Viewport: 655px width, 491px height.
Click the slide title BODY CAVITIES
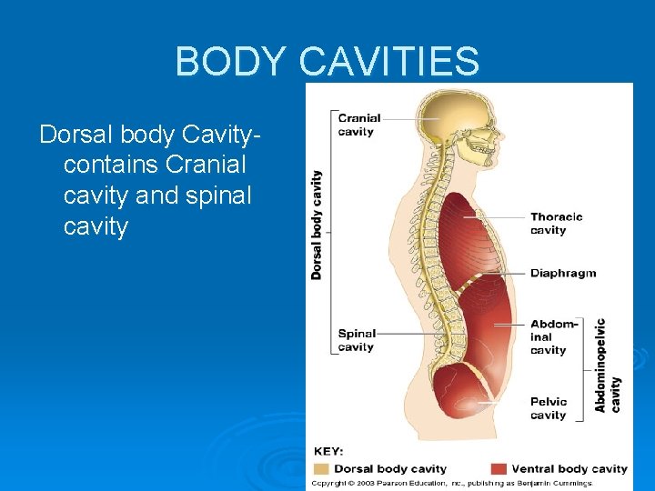[x=327, y=62]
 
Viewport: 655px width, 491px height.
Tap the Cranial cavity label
[x=358, y=125]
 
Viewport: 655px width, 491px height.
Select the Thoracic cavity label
[x=556, y=224]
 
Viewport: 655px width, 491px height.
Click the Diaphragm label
[x=562, y=273]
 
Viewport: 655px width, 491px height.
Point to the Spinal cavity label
[x=356, y=340]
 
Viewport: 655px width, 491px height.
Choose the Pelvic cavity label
[x=548, y=408]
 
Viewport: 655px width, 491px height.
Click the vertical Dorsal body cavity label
[x=317, y=224]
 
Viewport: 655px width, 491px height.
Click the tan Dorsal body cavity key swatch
[x=321, y=468]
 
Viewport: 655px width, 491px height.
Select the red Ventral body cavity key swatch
[x=499, y=468]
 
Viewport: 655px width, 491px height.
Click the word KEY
[x=327, y=452]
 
